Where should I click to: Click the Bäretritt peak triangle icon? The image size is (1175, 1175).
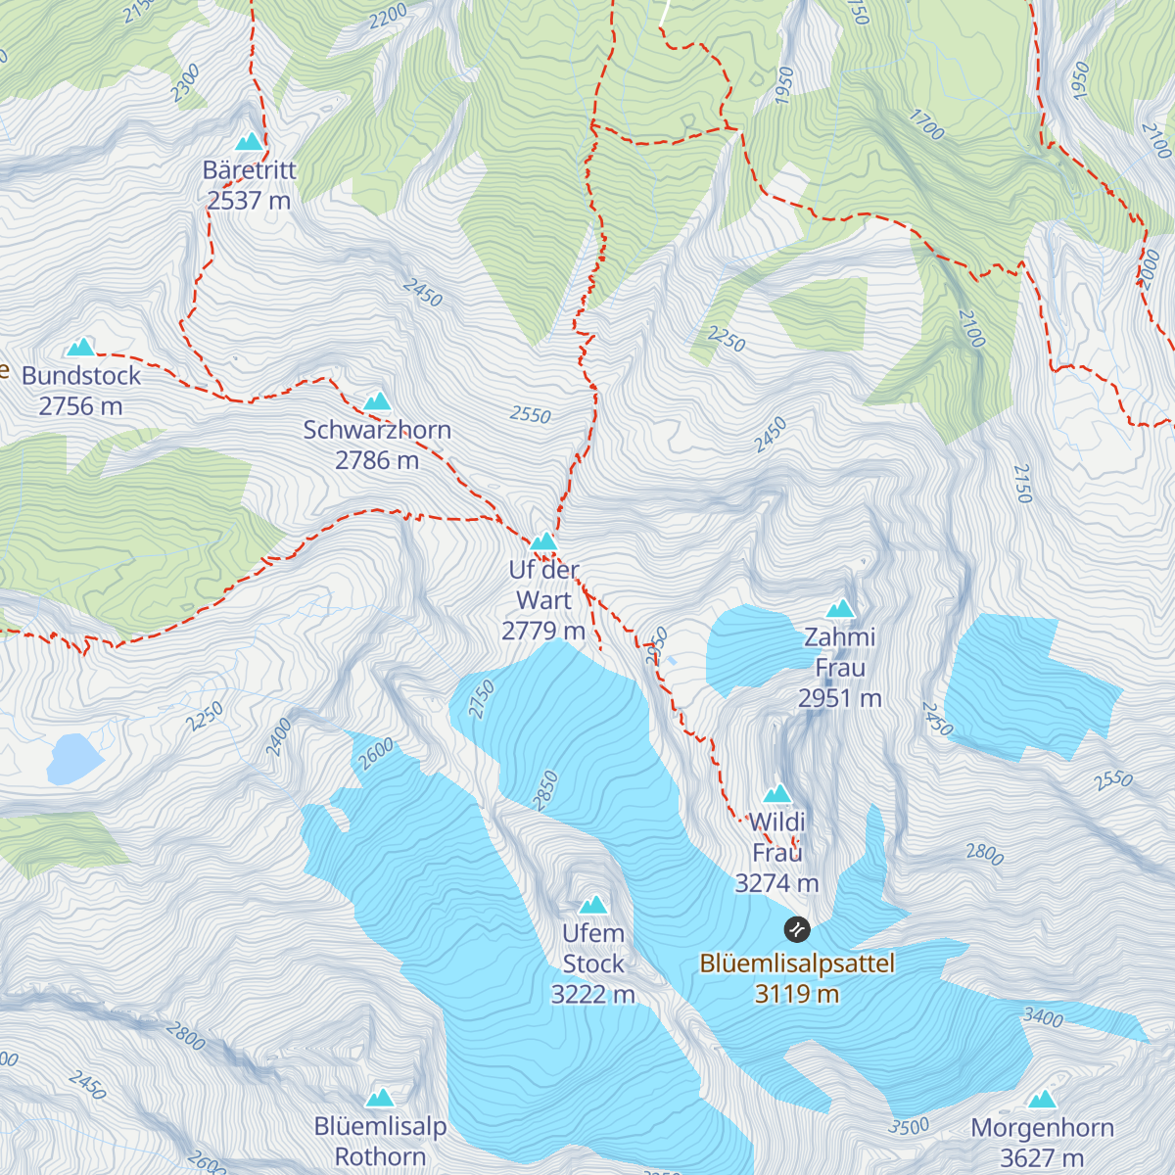point(250,142)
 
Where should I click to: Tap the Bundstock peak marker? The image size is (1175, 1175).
point(80,348)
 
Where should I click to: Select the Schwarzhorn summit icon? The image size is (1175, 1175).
point(377,401)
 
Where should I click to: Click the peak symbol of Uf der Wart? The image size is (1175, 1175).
point(543,541)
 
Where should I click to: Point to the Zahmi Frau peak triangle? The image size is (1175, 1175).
point(840,609)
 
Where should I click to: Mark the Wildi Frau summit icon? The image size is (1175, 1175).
point(777,793)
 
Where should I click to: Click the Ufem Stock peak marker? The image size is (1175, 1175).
point(592,905)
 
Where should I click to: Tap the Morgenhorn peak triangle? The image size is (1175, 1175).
point(1042,1099)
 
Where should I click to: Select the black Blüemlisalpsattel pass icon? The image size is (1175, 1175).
point(797,928)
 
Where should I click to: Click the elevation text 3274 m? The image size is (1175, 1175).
point(776,883)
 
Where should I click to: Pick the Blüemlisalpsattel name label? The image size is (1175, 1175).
point(797,963)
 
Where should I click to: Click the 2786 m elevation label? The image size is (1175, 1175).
point(377,460)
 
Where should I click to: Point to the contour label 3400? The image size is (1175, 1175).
point(1043,1018)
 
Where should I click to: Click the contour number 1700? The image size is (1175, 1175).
point(926,125)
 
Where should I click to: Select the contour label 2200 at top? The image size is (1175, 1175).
point(389,16)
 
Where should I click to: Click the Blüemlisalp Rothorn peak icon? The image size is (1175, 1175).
point(380,1098)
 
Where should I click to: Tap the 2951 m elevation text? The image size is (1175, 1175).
point(839,698)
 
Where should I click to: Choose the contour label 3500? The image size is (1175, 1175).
point(909,1126)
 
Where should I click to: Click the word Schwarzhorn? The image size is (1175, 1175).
point(377,430)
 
